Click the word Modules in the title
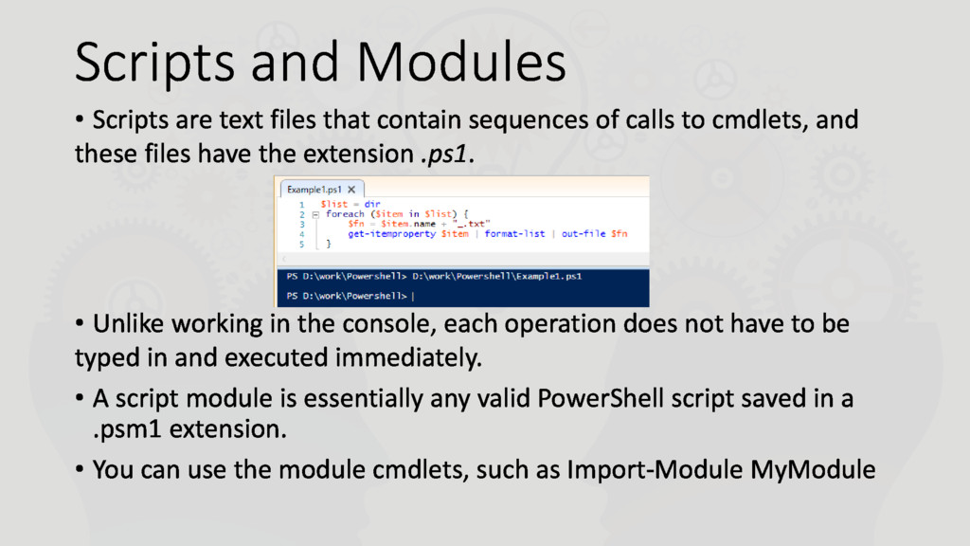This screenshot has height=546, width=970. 461,63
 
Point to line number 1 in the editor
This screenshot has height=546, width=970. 301,204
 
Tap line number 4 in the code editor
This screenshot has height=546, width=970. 301,233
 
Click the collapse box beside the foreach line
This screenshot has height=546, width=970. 314,214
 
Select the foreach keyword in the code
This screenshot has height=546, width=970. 345,214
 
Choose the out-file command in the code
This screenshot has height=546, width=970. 584,233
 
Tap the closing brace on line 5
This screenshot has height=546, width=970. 329,244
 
